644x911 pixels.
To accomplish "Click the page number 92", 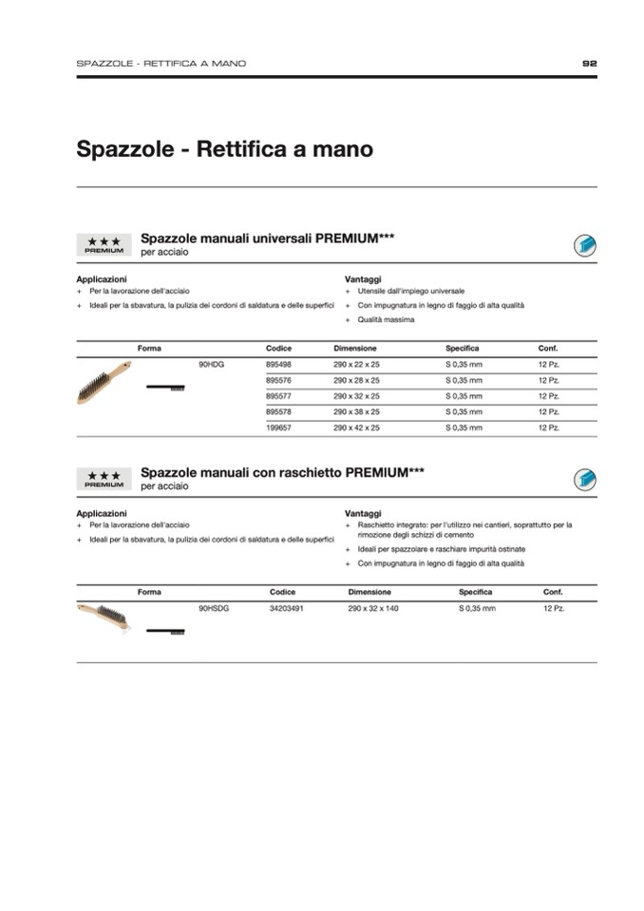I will click(x=589, y=64).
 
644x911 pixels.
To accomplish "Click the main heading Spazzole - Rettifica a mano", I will click(x=224, y=150).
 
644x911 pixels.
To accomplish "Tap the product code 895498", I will click(x=278, y=364).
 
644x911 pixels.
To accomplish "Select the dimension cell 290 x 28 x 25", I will click(x=356, y=380).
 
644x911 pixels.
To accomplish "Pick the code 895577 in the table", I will click(x=278, y=396).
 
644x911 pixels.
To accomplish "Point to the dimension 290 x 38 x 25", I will click(x=356, y=412).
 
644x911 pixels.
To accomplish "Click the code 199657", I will click(x=278, y=428).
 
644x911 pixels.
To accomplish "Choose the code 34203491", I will click(x=286, y=608).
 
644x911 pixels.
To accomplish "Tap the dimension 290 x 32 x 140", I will click(x=373, y=608).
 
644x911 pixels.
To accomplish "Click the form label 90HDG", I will click(x=211, y=364).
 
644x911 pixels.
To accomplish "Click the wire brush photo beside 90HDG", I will click(x=104, y=384).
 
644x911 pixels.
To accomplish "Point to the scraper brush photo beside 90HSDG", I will click(x=104, y=616).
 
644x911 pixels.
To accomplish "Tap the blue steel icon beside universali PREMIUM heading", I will click(x=584, y=246).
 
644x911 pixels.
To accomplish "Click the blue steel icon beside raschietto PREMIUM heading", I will click(x=584, y=479).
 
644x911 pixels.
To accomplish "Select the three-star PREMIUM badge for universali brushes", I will click(x=104, y=246).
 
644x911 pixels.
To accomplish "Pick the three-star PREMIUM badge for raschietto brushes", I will click(x=104, y=479).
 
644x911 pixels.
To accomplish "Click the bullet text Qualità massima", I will click(x=386, y=320).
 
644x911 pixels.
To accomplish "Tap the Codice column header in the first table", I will click(x=278, y=349).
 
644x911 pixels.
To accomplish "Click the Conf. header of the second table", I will click(x=553, y=592).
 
